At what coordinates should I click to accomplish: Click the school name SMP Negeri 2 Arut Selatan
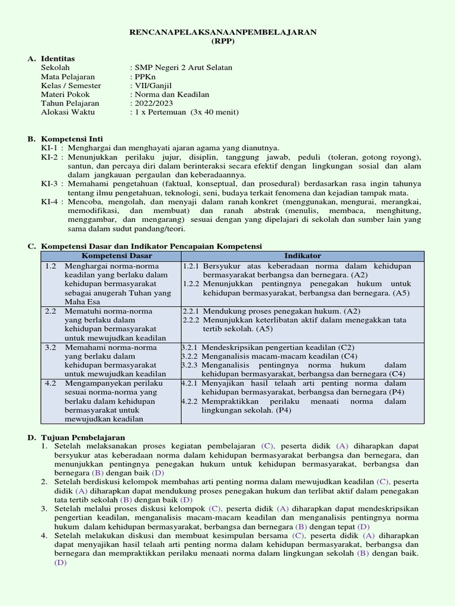[x=183, y=67]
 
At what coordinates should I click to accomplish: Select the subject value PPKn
[x=142, y=76]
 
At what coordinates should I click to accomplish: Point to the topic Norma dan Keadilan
[x=171, y=94]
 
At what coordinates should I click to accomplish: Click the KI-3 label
[x=49, y=183]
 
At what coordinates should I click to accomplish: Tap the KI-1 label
[x=49, y=147]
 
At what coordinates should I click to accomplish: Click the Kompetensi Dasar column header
[x=117, y=256]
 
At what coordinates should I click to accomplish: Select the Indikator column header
[x=302, y=256]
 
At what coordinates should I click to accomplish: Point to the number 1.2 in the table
[x=50, y=266]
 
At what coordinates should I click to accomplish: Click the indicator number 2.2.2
[x=190, y=320]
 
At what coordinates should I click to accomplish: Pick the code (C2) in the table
[x=348, y=347]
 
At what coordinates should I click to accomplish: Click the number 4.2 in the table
[x=50, y=383]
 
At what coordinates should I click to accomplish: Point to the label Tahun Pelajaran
[x=70, y=102]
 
